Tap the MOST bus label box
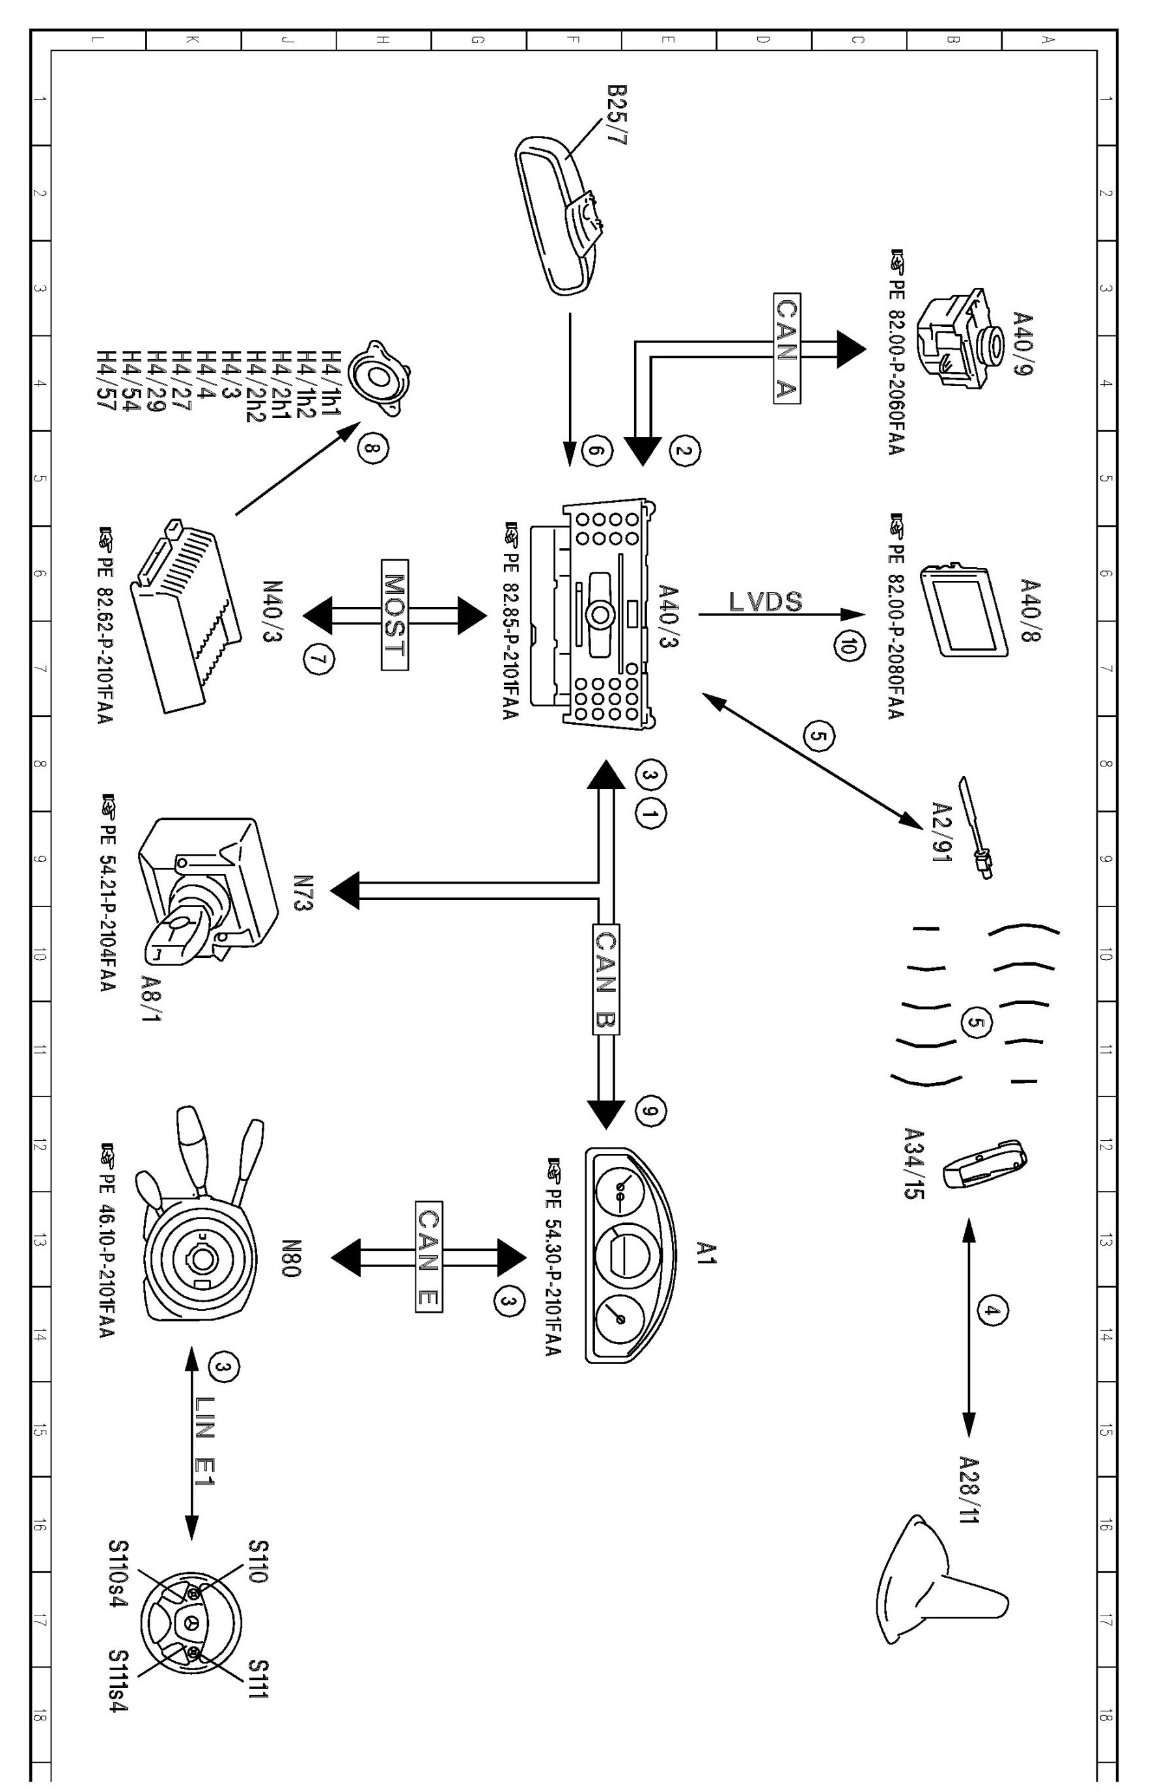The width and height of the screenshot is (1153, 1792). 394,614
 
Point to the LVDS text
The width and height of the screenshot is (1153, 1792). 765,601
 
